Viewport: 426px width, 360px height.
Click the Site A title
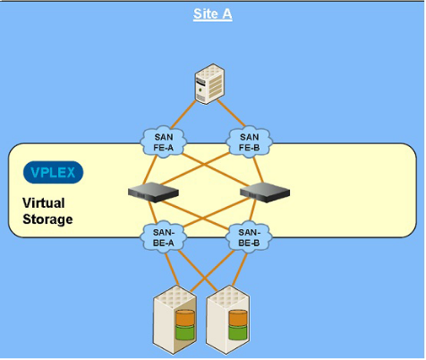click(x=212, y=14)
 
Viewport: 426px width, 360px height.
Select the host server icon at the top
click(x=209, y=84)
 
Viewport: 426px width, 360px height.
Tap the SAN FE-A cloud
click(x=164, y=141)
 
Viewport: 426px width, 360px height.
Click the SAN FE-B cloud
click(x=249, y=141)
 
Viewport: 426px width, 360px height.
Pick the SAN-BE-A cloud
click(x=164, y=237)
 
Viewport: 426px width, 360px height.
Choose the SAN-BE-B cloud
click(x=249, y=237)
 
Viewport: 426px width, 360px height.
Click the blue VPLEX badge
click(x=53, y=172)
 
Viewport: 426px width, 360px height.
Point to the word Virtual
click(x=44, y=203)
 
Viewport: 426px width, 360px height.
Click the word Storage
click(x=47, y=219)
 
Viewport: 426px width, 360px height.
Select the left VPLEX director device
click(x=153, y=193)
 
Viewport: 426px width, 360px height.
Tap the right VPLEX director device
click(x=265, y=193)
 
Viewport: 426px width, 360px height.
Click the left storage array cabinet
click(x=175, y=320)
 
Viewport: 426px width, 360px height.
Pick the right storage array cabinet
click(x=228, y=320)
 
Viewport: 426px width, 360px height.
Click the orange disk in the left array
click(x=185, y=318)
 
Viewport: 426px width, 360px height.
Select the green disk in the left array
click(x=185, y=332)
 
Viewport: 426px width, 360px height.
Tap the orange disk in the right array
click(x=238, y=318)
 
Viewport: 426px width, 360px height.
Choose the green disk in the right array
click(x=238, y=332)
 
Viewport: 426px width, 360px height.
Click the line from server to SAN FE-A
click(x=183, y=114)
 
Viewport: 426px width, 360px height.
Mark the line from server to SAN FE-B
click(x=231, y=113)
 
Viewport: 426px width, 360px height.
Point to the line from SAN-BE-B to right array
click(x=240, y=269)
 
